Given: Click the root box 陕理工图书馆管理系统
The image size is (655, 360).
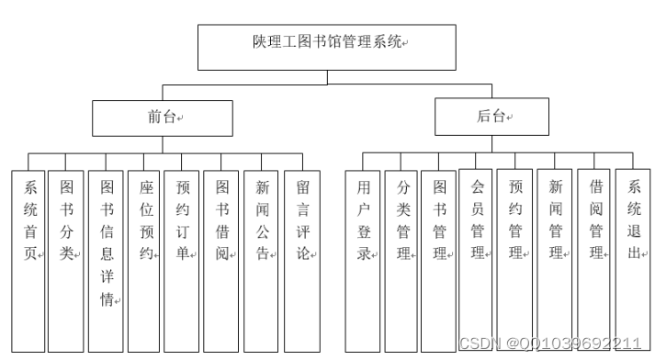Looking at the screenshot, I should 327,47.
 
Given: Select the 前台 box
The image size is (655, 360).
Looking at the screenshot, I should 162,118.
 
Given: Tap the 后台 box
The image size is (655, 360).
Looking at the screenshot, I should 491,118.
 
